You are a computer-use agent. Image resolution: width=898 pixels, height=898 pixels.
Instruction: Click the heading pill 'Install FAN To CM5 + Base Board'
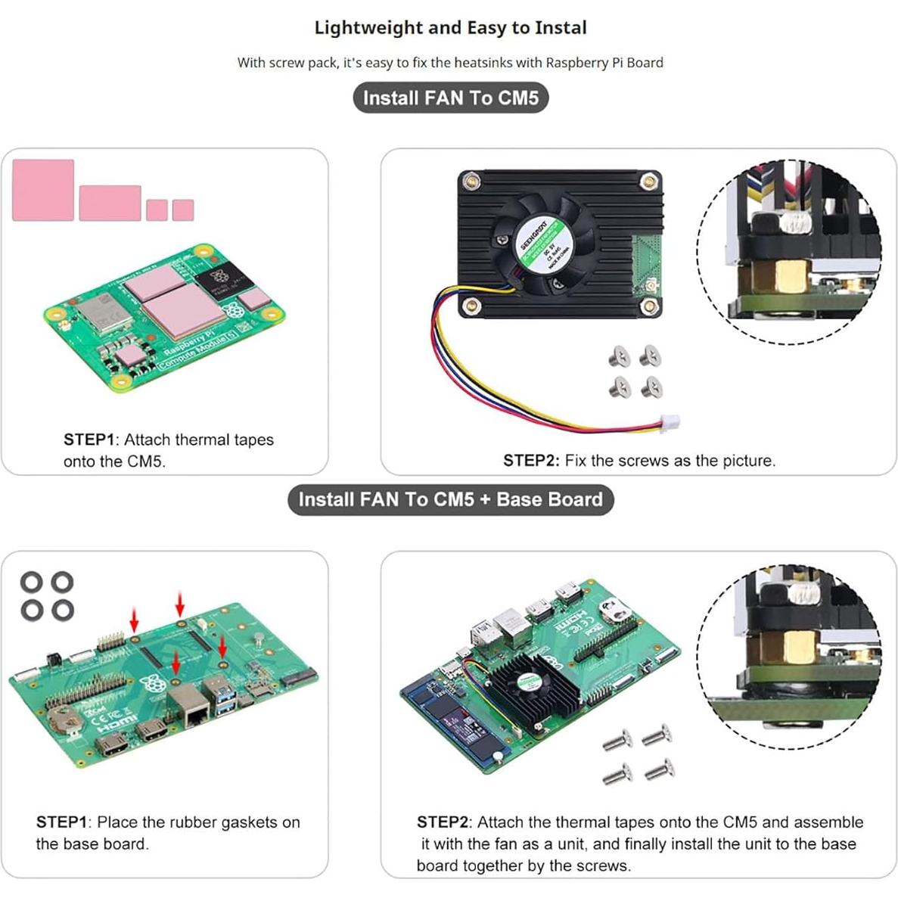[450, 499]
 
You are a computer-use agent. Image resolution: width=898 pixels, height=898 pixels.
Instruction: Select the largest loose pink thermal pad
[43, 190]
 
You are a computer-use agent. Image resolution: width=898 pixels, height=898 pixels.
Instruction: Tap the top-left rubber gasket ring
[32, 583]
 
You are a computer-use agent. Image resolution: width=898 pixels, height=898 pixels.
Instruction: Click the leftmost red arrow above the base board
[134, 620]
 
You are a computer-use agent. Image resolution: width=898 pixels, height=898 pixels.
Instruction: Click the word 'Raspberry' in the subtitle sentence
[579, 63]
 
